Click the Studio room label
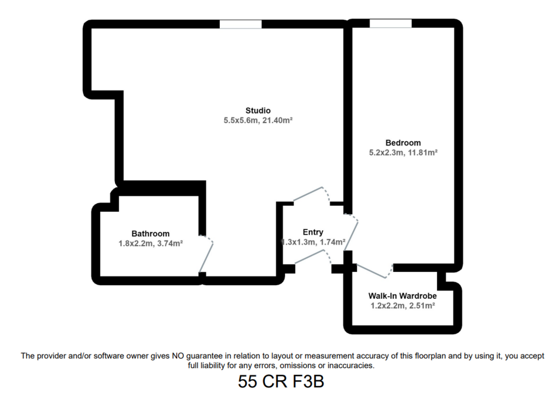(258, 111)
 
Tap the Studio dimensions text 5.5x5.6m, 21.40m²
(258, 120)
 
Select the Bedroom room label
(403, 143)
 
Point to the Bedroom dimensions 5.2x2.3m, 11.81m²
(403, 153)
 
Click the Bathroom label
(150, 234)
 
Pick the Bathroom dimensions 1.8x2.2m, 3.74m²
(151, 244)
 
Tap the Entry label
(313, 232)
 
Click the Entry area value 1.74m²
(332, 242)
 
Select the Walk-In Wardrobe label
(402, 296)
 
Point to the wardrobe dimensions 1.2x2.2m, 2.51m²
(402, 306)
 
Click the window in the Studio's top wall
(241, 24)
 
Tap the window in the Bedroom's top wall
(390, 24)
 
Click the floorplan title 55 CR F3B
(281, 381)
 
